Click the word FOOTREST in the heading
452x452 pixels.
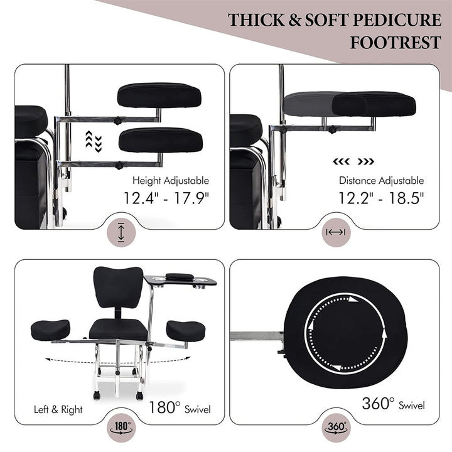point(395,43)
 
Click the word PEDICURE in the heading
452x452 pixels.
point(397,20)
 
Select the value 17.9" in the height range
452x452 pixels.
point(191,198)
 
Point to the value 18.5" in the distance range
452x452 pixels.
point(406,198)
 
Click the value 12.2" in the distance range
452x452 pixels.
point(356,198)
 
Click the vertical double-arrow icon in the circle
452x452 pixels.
point(121,232)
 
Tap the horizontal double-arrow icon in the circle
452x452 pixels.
point(336,232)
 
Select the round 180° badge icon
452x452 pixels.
point(121,428)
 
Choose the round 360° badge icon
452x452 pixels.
point(336,428)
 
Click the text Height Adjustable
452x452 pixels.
point(171,181)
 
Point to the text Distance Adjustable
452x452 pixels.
point(382,181)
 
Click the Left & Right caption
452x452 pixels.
point(58,409)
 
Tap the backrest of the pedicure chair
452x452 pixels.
point(118,287)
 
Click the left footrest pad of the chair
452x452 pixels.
point(50,330)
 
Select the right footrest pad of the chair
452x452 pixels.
point(186,331)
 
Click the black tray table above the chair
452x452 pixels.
point(180,280)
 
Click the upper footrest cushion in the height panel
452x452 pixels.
point(159,95)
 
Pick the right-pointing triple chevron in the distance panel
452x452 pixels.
point(366,161)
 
